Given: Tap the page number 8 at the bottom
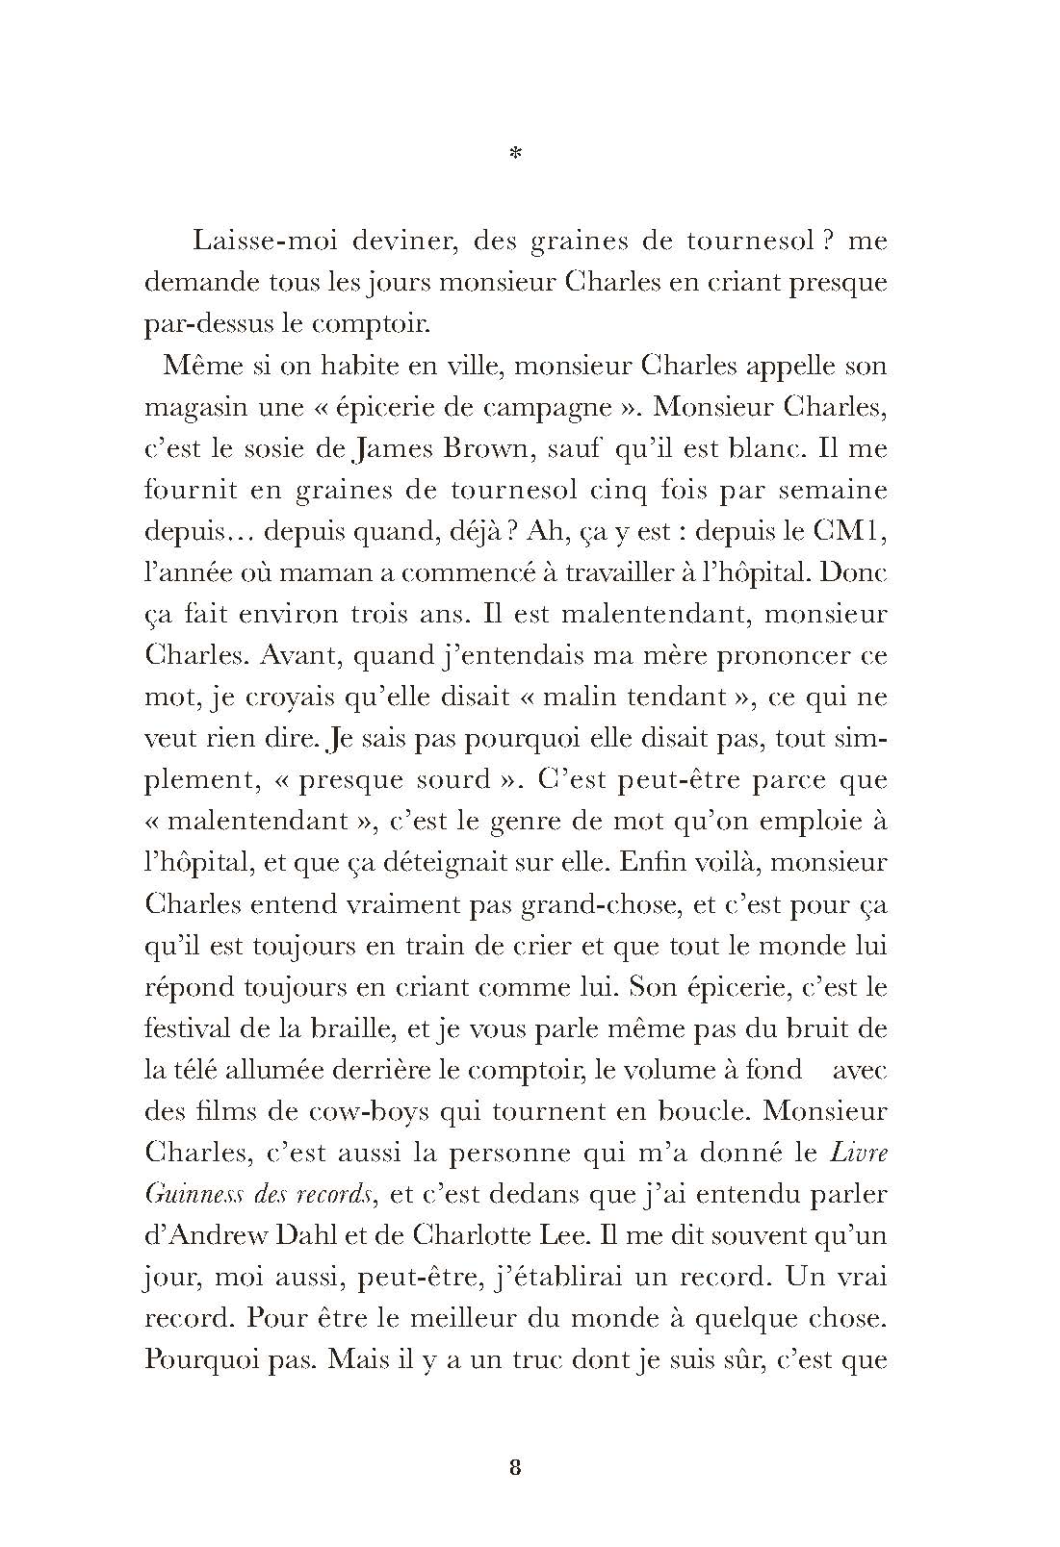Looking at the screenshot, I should pyautogui.click(x=515, y=1467).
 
